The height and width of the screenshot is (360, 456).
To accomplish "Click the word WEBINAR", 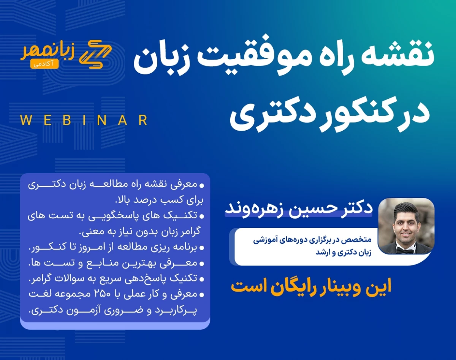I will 84,120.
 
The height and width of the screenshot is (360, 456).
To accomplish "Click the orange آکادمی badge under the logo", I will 45,64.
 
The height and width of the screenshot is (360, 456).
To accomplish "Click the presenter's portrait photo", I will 406,226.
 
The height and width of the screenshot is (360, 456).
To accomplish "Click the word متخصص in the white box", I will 363,240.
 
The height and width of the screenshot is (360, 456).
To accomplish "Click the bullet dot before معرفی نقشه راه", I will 202,186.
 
